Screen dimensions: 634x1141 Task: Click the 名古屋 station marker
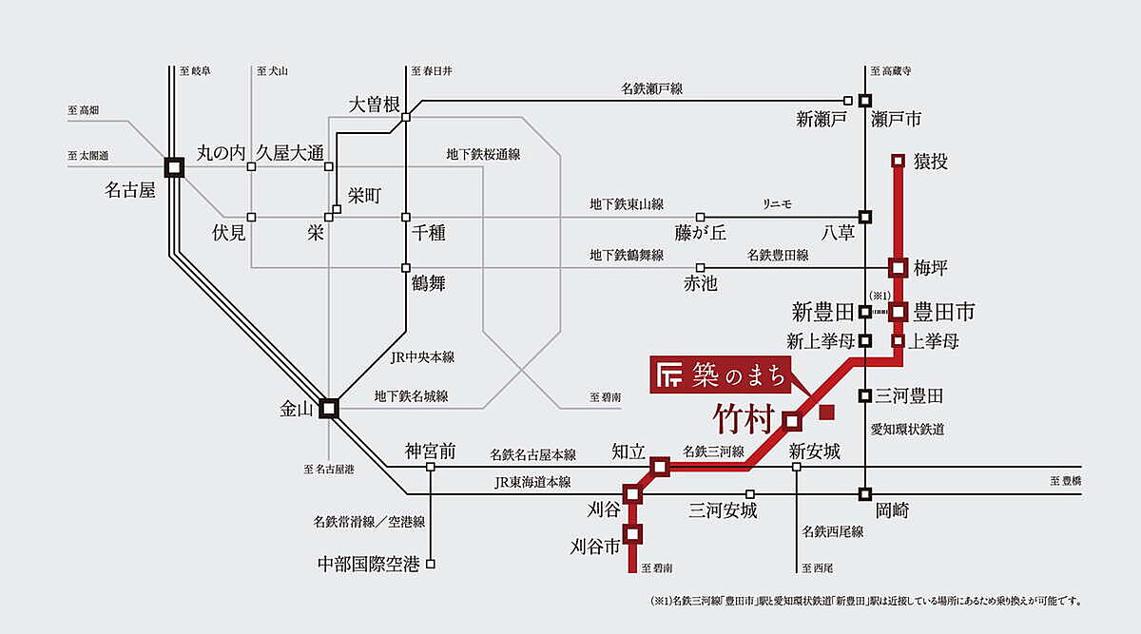click(x=174, y=167)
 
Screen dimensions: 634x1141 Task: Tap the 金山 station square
click(x=329, y=408)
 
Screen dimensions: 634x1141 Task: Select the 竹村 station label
click(x=745, y=418)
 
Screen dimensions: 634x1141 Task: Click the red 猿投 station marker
click(x=898, y=161)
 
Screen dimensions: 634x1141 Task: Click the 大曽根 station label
click(x=375, y=104)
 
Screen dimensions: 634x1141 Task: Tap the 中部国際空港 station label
click(x=368, y=565)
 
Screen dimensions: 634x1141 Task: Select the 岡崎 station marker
click(x=865, y=494)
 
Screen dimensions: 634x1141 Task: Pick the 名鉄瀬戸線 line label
click(x=652, y=88)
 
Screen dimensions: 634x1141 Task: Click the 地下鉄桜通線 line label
click(x=489, y=154)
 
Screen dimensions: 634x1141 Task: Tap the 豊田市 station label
click(x=944, y=311)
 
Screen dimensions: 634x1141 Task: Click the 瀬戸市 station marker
click(x=865, y=100)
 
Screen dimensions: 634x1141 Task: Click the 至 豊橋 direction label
click(x=1066, y=482)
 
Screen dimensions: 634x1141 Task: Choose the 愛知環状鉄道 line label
click(x=907, y=430)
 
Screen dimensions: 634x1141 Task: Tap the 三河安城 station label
click(x=723, y=511)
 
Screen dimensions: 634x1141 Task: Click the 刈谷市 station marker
click(x=633, y=533)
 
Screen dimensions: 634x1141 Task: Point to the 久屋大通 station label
click(x=290, y=153)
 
